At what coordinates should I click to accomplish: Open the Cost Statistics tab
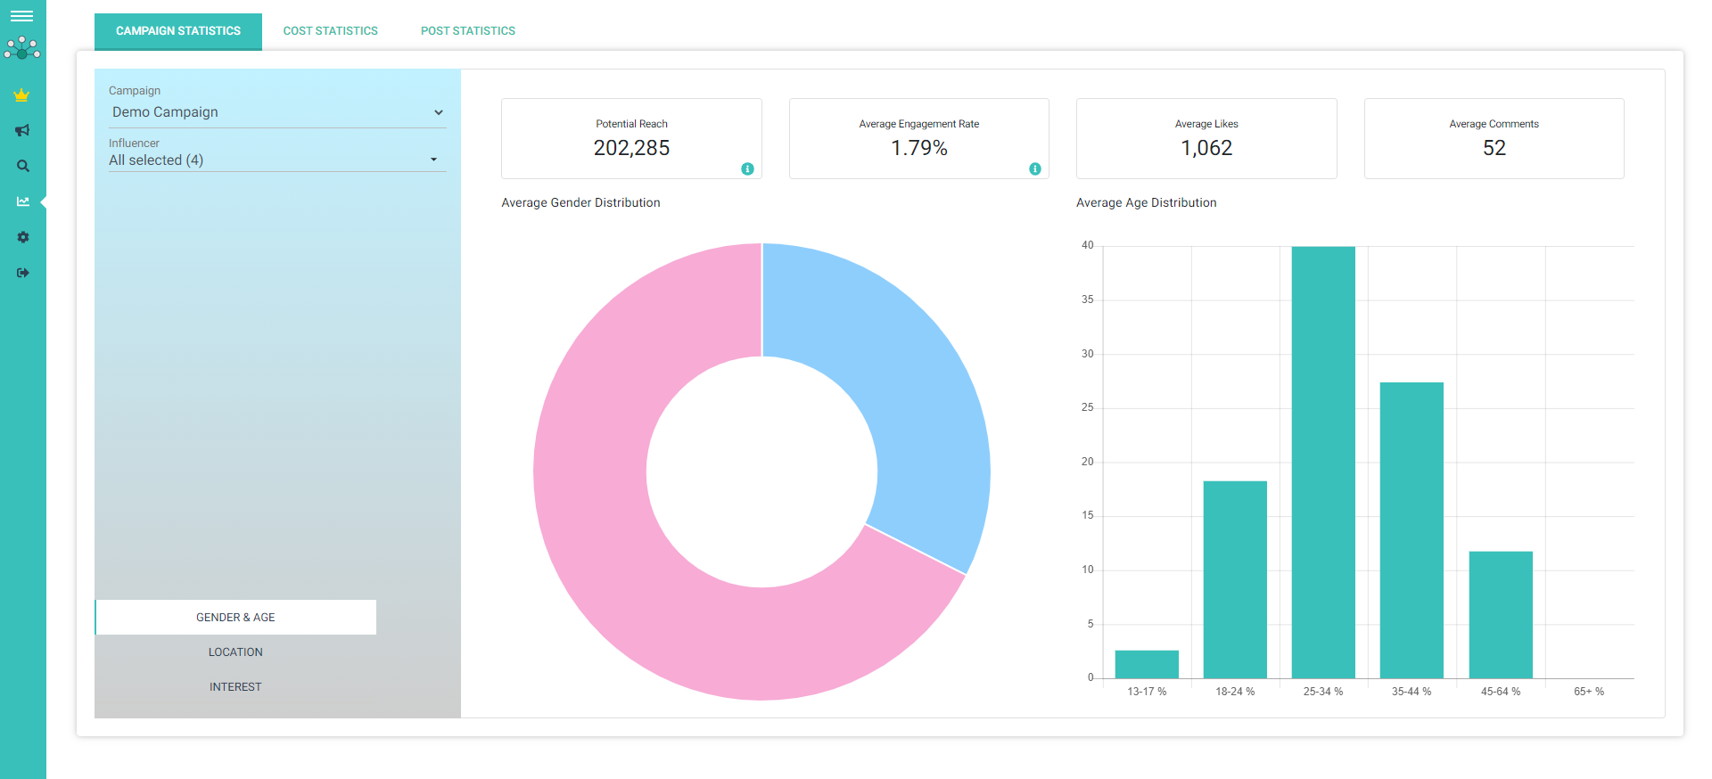[330, 31]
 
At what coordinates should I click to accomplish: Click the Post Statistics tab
[467, 31]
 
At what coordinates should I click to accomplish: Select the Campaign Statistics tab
[178, 31]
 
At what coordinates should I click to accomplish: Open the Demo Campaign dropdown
[276, 112]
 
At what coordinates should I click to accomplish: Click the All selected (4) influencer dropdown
[276, 160]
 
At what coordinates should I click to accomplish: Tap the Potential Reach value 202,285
[631, 148]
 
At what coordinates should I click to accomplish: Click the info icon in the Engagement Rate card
[1034, 168]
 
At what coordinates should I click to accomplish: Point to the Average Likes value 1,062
[1206, 148]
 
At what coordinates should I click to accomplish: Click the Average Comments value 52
[1494, 148]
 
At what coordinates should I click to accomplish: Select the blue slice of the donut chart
[901, 374]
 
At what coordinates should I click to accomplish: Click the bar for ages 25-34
[1323, 463]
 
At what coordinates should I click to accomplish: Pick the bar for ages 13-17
[1147, 665]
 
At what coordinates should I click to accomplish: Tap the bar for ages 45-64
[1501, 615]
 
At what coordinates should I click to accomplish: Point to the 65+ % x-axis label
[1589, 692]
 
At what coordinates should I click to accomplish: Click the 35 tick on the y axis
[1087, 299]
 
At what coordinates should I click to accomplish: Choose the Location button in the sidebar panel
[235, 652]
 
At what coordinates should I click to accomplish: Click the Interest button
[235, 687]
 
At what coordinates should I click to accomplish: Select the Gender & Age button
[235, 618]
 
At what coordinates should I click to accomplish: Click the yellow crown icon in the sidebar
[22, 94]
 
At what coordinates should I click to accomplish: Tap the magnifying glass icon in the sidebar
[23, 166]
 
